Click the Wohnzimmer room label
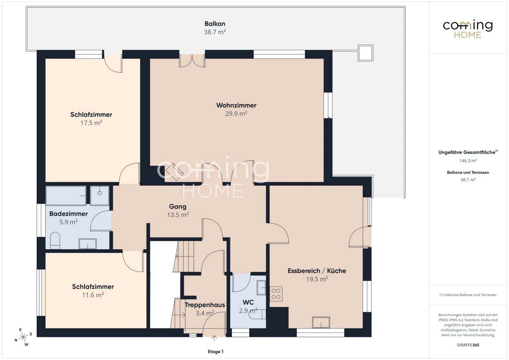[x=236, y=105]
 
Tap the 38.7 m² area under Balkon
[x=215, y=32]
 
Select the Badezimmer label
[x=69, y=214]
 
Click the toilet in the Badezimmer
[x=55, y=241]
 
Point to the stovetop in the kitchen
[x=276, y=294]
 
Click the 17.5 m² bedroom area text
[x=91, y=123]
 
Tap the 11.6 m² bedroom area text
[x=93, y=295]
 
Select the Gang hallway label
[x=178, y=207]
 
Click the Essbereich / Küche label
[x=317, y=271]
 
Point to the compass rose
[x=23, y=337]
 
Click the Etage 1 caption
[x=216, y=352]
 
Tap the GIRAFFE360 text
[x=468, y=345]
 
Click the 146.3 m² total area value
[x=468, y=161]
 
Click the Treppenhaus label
[x=205, y=305]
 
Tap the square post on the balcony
[x=365, y=53]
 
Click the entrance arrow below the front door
[x=214, y=338]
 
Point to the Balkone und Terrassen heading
[x=468, y=172]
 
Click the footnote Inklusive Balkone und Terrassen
[x=468, y=295]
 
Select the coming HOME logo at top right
[x=468, y=29]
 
